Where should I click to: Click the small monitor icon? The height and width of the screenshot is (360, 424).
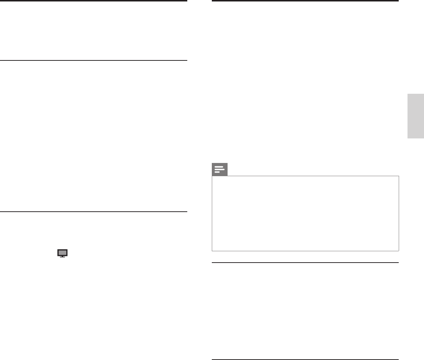pyautogui.click(x=62, y=253)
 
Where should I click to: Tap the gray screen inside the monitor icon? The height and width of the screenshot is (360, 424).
pyautogui.click(x=62, y=252)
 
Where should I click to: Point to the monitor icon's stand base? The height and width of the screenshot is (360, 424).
pyautogui.click(x=62, y=257)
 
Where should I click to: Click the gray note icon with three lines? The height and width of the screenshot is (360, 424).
pyautogui.click(x=220, y=169)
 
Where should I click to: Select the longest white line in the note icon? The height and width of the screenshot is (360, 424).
pyautogui.click(x=219, y=169)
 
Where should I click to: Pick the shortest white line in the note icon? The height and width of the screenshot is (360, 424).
pyautogui.click(x=217, y=172)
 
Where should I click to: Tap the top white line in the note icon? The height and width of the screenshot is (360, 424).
pyautogui.click(x=219, y=167)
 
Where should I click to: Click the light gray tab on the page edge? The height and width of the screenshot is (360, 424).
pyautogui.click(x=416, y=116)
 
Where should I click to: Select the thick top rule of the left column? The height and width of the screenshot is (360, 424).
pyautogui.click(x=93, y=1)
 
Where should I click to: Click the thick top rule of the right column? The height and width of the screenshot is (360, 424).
pyautogui.click(x=305, y=1)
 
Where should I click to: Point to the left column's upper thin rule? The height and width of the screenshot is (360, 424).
pyautogui.click(x=93, y=60)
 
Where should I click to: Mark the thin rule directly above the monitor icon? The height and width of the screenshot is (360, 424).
pyautogui.click(x=93, y=212)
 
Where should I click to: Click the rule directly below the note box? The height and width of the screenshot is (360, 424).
pyautogui.click(x=305, y=263)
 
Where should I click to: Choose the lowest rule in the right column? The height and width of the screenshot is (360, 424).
pyautogui.click(x=305, y=359)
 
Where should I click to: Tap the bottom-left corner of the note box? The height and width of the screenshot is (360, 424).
pyautogui.click(x=212, y=250)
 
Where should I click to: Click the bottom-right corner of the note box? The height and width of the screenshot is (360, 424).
pyautogui.click(x=398, y=250)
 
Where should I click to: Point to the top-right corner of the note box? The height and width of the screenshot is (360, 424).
pyautogui.click(x=398, y=176)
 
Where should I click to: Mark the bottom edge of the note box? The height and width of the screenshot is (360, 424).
pyautogui.click(x=305, y=250)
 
